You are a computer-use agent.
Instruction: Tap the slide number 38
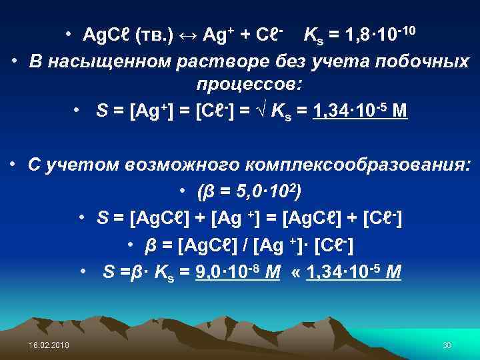pos(447,344)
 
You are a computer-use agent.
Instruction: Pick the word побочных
pos(425,62)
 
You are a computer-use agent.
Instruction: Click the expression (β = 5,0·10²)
pos(249,192)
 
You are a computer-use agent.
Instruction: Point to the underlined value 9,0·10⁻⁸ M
pos(236,271)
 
